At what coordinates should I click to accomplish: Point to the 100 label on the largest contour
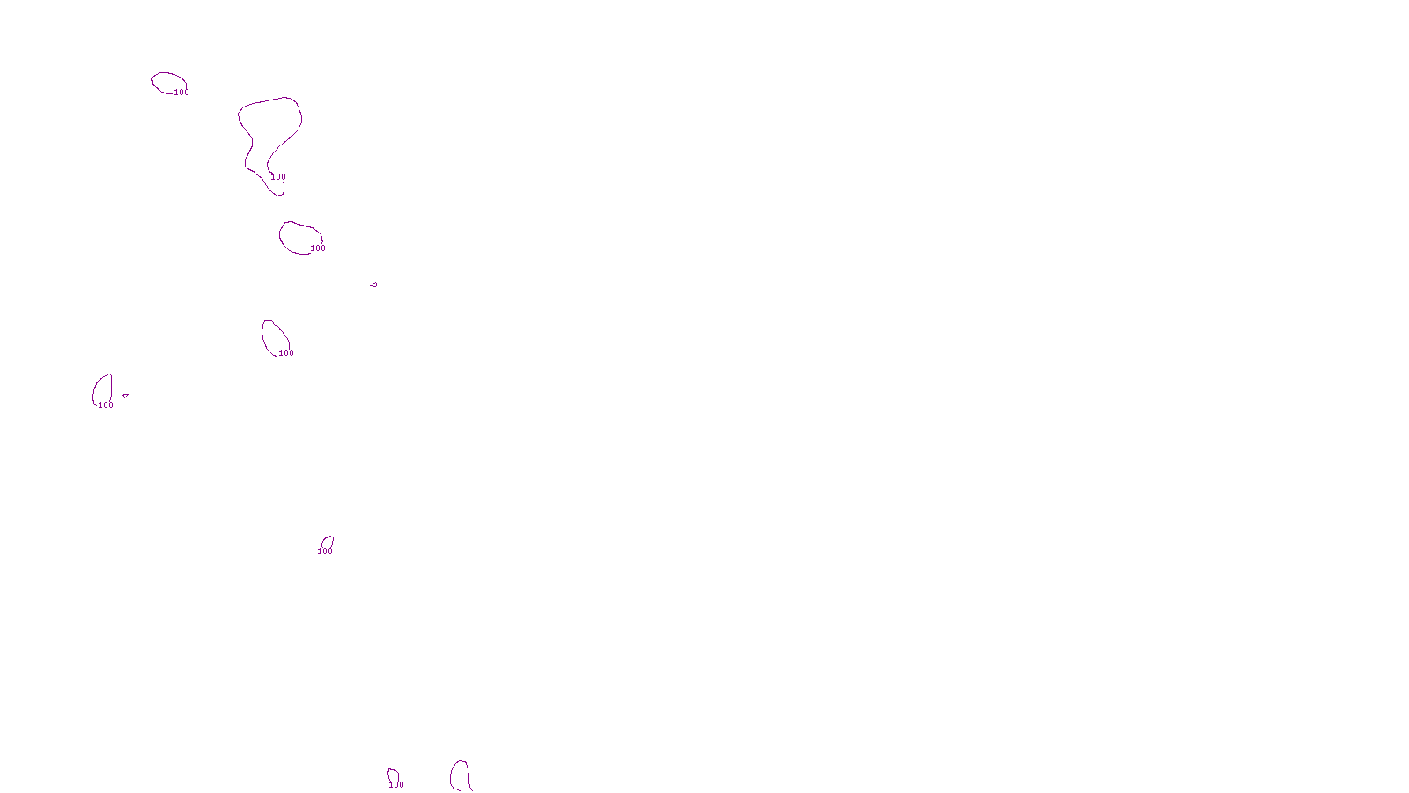click(x=278, y=177)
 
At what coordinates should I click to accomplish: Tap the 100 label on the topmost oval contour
click(x=181, y=93)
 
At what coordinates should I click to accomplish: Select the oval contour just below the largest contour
click(x=281, y=236)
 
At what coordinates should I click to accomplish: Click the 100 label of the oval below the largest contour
click(x=318, y=248)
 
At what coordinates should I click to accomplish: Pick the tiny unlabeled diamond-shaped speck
click(x=374, y=285)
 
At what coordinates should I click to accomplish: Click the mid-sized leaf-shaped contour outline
click(x=263, y=335)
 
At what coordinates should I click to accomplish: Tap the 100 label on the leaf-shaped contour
click(x=286, y=353)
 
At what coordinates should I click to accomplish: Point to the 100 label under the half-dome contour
click(x=106, y=405)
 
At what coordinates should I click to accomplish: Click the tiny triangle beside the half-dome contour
click(x=125, y=396)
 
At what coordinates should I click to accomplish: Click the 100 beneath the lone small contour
click(x=325, y=552)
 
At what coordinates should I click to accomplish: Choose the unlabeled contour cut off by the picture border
click(x=452, y=775)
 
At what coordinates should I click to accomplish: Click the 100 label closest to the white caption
click(x=396, y=785)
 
